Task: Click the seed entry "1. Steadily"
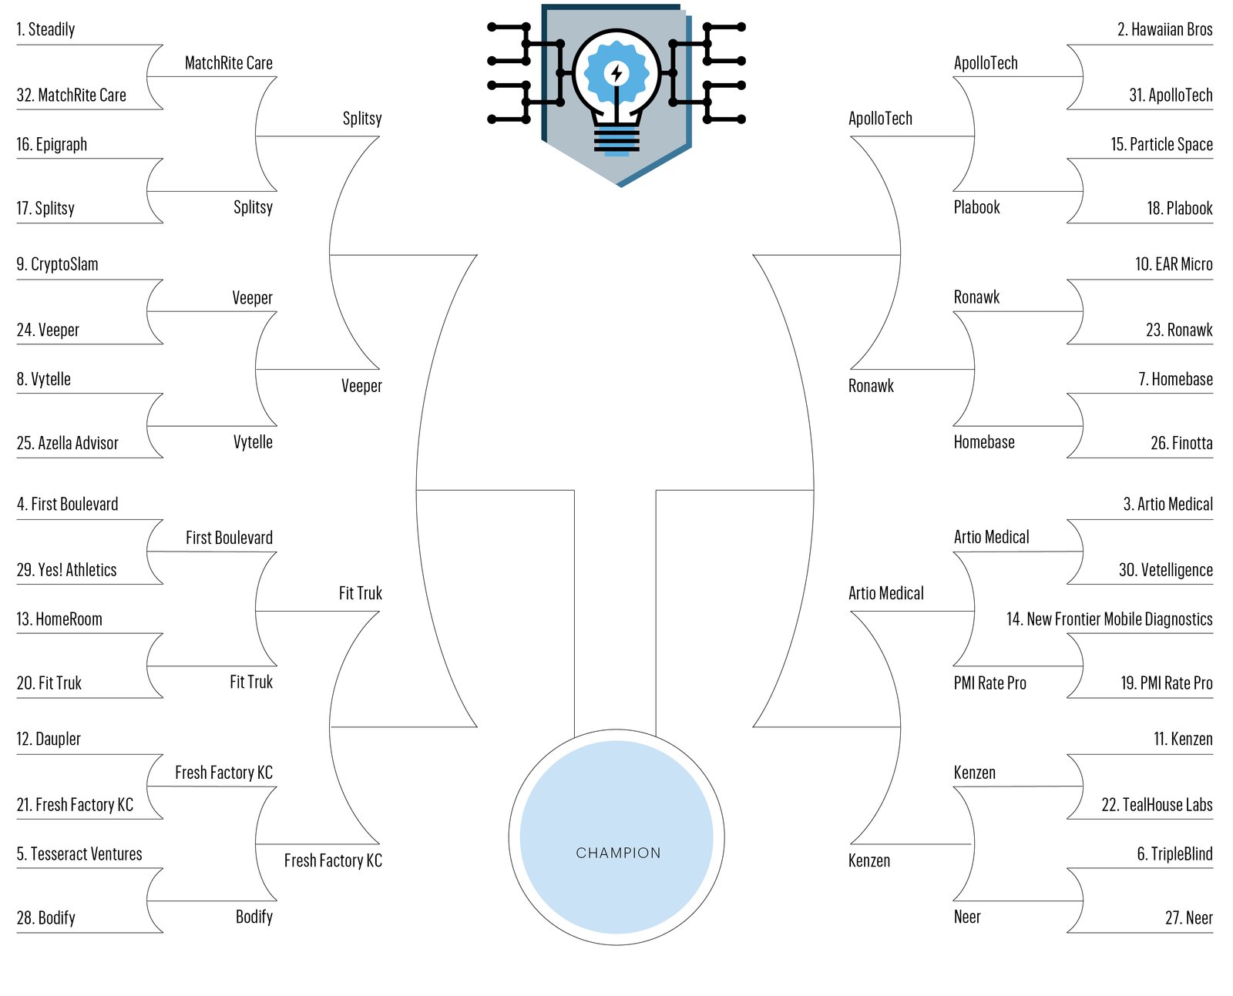pyautogui.click(x=45, y=30)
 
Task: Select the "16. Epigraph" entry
pyautogui.click(x=52, y=145)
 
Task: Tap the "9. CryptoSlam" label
pyautogui.click(x=57, y=264)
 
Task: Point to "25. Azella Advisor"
pyautogui.click(x=67, y=443)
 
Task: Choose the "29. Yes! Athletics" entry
pyautogui.click(x=66, y=570)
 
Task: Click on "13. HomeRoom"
pyautogui.click(x=59, y=619)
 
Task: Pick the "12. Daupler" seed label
pyautogui.click(x=49, y=739)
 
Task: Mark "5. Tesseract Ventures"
pyautogui.click(x=79, y=854)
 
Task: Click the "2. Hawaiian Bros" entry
pyautogui.click(x=1164, y=30)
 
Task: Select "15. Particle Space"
pyautogui.click(x=1161, y=145)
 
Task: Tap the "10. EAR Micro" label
pyautogui.click(x=1174, y=264)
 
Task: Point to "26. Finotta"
pyautogui.click(x=1181, y=443)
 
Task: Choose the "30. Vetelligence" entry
pyautogui.click(x=1165, y=570)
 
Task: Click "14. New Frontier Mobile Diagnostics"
pyautogui.click(x=1109, y=619)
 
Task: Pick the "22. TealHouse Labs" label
pyautogui.click(x=1157, y=805)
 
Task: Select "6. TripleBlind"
pyautogui.click(x=1174, y=854)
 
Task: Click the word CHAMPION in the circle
pyautogui.click(x=618, y=853)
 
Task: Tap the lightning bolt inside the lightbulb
pyautogui.click(x=616, y=74)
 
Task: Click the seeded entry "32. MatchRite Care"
pyautogui.click(x=71, y=96)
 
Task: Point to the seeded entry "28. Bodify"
pyautogui.click(x=45, y=918)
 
